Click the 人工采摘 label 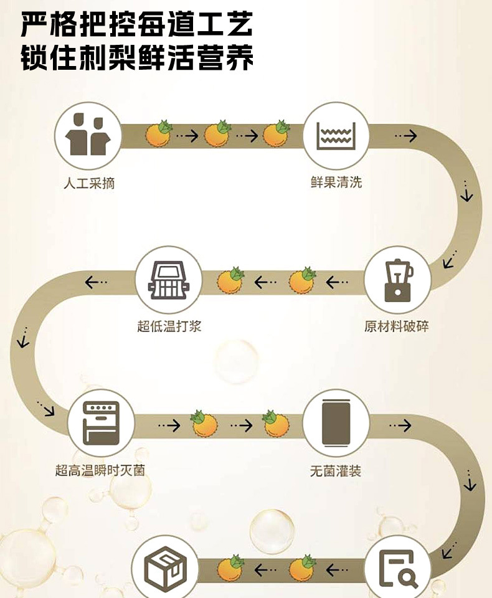point(89,184)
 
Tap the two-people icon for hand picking point(87,135)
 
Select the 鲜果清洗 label point(336,183)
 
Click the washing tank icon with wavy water point(336,135)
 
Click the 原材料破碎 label point(397,326)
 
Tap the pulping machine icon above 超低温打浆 point(169,279)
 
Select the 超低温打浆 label point(169,326)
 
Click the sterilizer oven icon point(101,423)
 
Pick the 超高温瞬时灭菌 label point(100,470)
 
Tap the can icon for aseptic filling point(336,423)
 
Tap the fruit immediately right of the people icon point(159,133)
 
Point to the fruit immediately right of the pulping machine point(230,280)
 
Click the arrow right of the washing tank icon point(405,135)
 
